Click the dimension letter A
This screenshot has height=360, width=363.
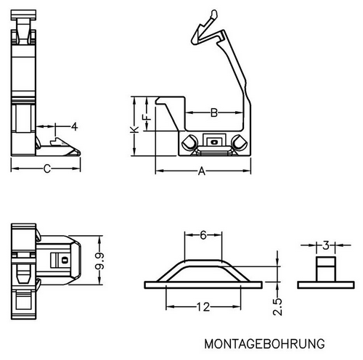pyautogui.click(x=202, y=171)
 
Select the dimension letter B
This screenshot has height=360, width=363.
pyautogui.click(x=214, y=112)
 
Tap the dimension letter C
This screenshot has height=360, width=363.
pyautogui.click(x=47, y=168)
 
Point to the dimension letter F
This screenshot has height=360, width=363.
pyautogui.click(x=147, y=118)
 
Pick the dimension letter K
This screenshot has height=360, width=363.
pyautogui.click(x=134, y=129)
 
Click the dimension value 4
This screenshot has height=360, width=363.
pyautogui.click(x=74, y=126)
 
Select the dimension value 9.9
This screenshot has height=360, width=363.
pyautogui.click(x=99, y=261)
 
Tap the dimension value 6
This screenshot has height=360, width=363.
pyautogui.click(x=203, y=234)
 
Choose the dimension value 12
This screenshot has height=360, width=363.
pyautogui.click(x=203, y=307)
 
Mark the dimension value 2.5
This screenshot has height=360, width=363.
pyautogui.click(x=277, y=306)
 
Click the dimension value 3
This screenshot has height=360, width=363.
pyautogui.click(x=326, y=245)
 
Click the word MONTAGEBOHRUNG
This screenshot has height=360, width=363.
pyautogui.click(x=264, y=344)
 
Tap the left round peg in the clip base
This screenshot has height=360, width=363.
pyautogui.click(x=189, y=142)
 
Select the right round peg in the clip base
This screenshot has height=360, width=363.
pyautogui.click(x=239, y=142)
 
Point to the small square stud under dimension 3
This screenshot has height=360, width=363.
pyautogui.click(x=326, y=269)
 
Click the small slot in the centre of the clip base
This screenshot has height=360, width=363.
pyautogui.click(x=214, y=142)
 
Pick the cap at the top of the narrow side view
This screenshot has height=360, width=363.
pyautogui.click(x=23, y=15)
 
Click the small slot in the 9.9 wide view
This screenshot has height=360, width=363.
pyautogui.click(x=65, y=261)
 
